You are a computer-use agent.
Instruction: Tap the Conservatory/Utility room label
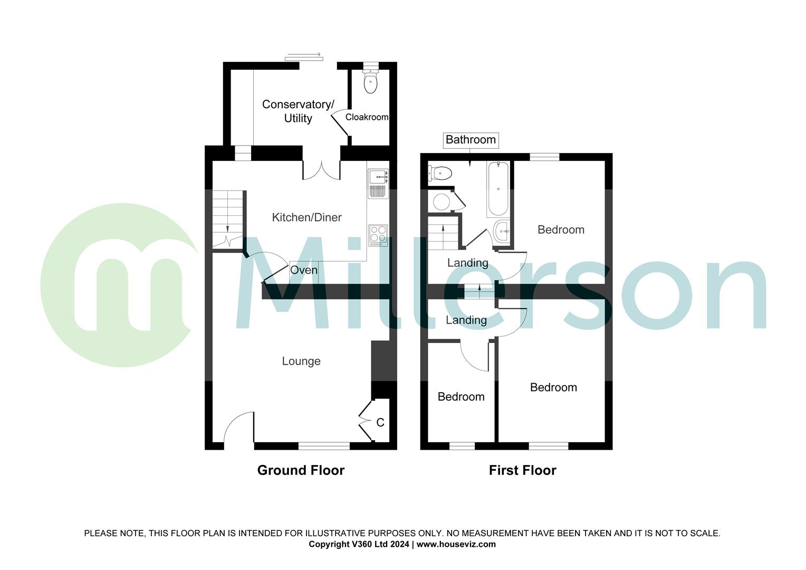[x=298, y=111]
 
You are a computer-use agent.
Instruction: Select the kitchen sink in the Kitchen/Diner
[x=378, y=183]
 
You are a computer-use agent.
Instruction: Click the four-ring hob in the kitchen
[x=378, y=235]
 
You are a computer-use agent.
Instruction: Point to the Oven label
[x=304, y=270]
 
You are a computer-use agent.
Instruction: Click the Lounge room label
[x=301, y=361]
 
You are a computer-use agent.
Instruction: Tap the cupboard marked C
[x=380, y=422]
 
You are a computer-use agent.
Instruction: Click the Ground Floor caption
[x=301, y=470]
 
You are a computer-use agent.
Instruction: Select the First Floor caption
[x=522, y=470]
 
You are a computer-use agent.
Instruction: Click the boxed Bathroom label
[x=471, y=140]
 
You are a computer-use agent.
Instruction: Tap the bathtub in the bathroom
[x=498, y=189]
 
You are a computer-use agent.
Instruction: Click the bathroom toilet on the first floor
[x=441, y=173]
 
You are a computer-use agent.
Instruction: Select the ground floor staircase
[x=228, y=219]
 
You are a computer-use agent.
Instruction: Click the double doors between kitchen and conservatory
[x=321, y=170]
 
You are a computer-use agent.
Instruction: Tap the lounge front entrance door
[x=239, y=427]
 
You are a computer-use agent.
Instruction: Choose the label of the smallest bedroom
[x=461, y=397]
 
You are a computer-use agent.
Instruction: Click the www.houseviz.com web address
[x=456, y=544]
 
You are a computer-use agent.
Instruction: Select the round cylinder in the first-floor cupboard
[x=442, y=201]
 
